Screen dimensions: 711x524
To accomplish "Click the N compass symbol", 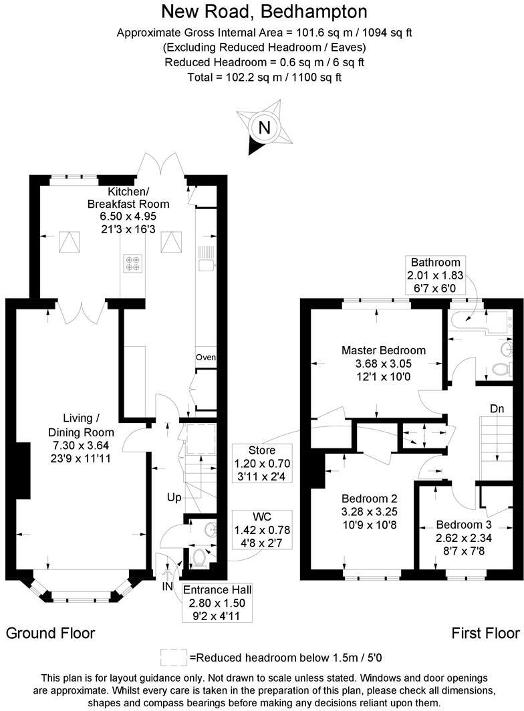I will [x=265, y=128].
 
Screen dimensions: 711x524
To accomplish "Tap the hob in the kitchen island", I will [x=132, y=263].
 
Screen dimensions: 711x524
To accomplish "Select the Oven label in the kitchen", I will [x=206, y=358].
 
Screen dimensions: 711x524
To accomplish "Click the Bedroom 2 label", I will [x=370, y=499].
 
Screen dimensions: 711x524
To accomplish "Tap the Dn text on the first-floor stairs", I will [x=497, y=409].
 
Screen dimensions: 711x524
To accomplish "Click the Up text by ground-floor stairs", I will [x=174, y=498].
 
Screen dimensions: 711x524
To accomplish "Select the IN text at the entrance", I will [x=168, y=586].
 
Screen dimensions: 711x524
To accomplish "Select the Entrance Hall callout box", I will [x=217, y=602].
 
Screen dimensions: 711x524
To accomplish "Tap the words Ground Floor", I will [x=51, y=633].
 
